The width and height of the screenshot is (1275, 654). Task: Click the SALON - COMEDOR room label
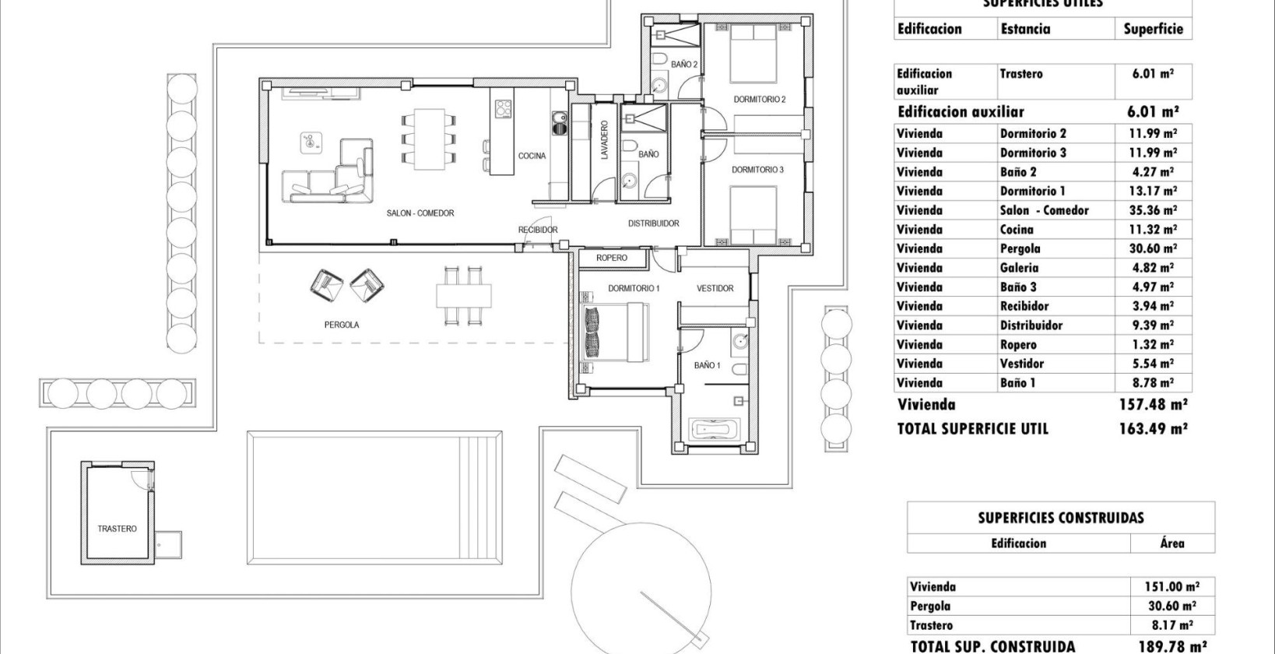pyautogui.click(x=420, y=213)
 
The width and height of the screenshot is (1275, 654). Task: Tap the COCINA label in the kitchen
pyautogui.click(x=532, y=156)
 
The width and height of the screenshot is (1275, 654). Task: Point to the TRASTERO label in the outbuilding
pyautogui.click(x=117, y=529)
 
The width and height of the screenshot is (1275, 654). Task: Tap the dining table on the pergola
pyautogui.click(x=464, y=297)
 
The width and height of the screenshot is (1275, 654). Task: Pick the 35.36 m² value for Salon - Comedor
pyautogui.click(x=1152, y=210)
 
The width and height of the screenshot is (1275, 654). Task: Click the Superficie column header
pyautogui.click(x=1153, y=30)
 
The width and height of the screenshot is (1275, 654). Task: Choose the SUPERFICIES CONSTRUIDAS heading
pyautogui.click(x=1060, y=518)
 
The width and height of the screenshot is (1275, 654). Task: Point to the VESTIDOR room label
pyautogui.click(x=715, y=289)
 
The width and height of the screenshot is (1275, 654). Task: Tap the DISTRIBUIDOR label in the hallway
pyautogui.click(x=653, y=223)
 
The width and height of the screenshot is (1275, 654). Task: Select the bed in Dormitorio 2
pyautogui.click(x=753, y=53)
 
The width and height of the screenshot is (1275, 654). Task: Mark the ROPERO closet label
pyautogui.click(x=611, y=258)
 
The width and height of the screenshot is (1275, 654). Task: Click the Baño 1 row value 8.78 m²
pyautogui.click(x=1152, y=383)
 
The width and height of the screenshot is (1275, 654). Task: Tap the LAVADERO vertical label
pyautogui.click(x=604, y=140)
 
